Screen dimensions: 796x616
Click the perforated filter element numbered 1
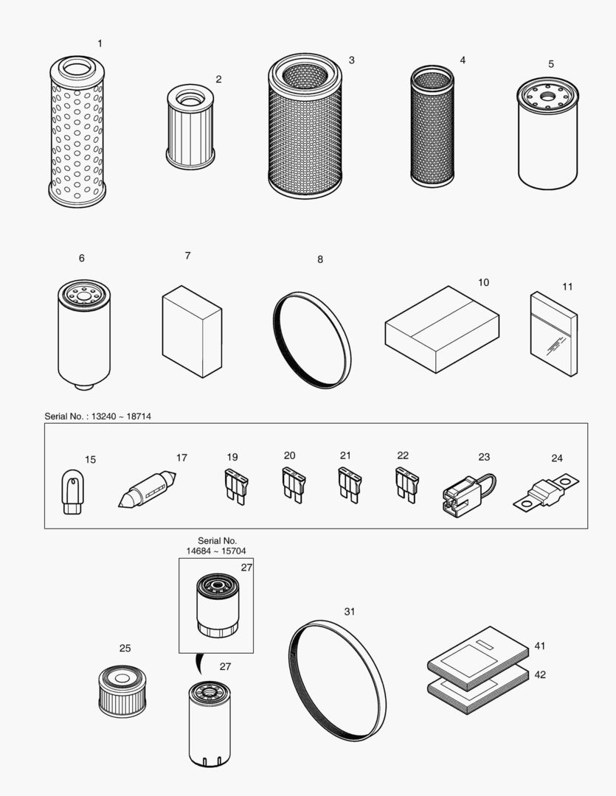[x=77, y=133]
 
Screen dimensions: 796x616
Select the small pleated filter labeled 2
[x=190, y=126]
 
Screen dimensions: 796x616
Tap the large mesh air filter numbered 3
[x=305, y=127]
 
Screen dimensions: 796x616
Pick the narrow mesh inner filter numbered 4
[x=432, y=126]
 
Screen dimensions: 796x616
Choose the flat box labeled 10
[x=442, y=329]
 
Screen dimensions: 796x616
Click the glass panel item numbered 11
[x=553, y=333]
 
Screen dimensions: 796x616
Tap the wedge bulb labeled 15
[x=72, y=491]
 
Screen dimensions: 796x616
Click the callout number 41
[x=540, y=646]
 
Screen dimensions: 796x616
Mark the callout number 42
[x=540, y=674]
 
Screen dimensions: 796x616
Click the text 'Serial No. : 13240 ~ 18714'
[x=98, y=416]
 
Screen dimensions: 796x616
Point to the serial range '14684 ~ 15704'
[x=216, y=551]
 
